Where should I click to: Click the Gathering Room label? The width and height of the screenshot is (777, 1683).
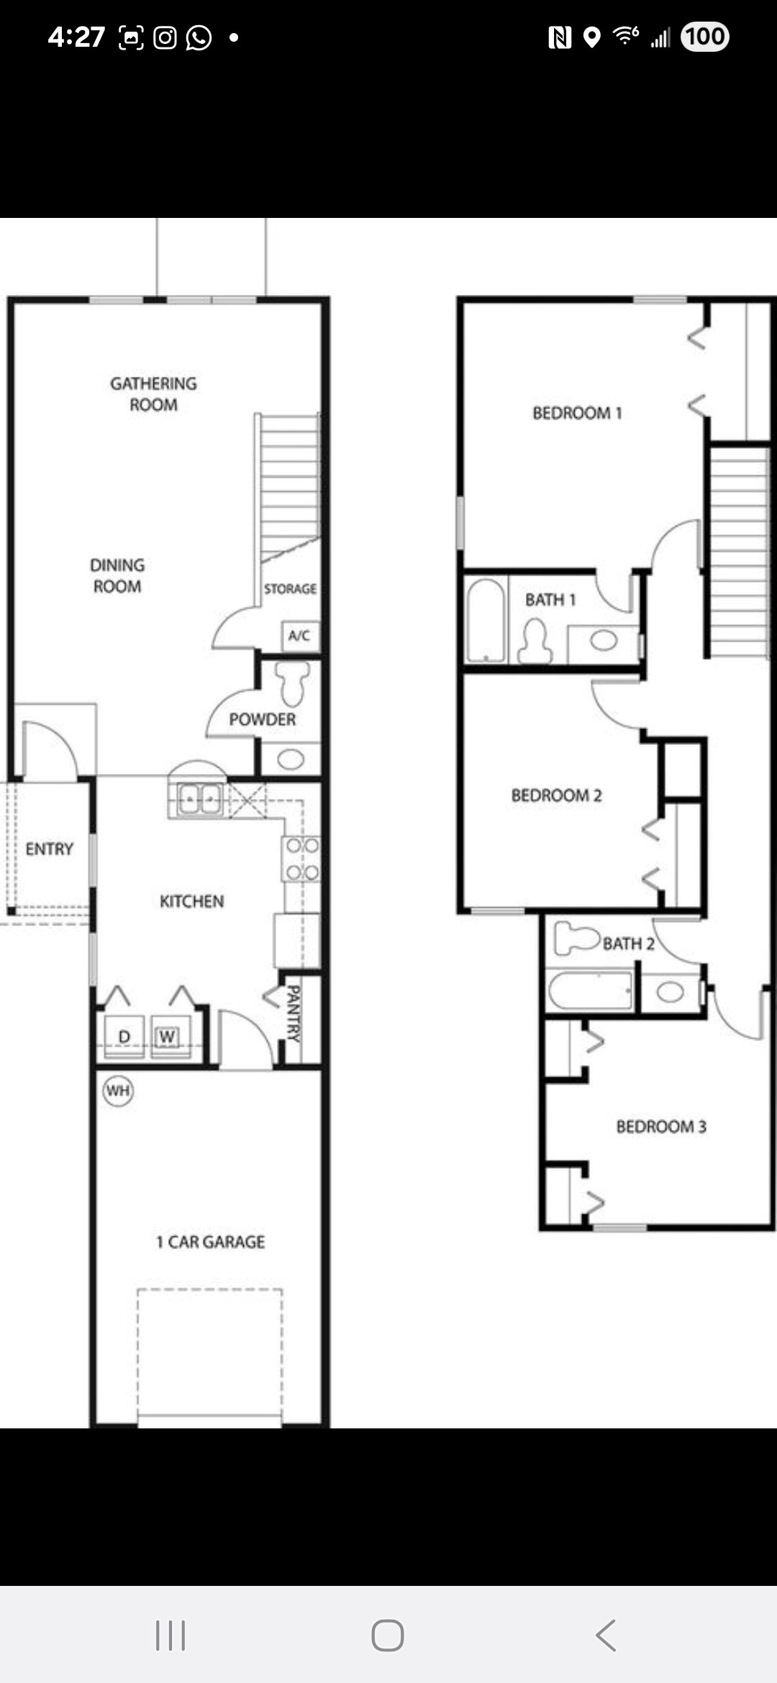tap(153, 394)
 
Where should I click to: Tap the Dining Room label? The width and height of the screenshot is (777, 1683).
tap(117, 575)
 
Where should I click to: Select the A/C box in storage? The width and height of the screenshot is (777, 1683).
tap(299, 636)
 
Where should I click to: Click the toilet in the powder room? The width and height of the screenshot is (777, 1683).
tap(293, 683)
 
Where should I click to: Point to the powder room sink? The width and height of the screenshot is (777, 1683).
tap(291, 760)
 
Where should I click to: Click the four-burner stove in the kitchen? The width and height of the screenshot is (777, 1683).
tap(301, 859)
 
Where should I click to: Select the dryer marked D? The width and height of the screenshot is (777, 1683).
tap(124, 1036)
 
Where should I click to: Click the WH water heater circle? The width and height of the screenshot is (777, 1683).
tap(118, 1091)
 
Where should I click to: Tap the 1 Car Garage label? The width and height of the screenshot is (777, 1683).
tap(211, 1242)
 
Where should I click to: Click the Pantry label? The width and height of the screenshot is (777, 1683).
tap(294, 1014)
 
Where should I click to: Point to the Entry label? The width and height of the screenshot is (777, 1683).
tap(50, 849)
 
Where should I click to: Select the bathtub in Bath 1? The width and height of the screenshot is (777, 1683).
tap(486, 620)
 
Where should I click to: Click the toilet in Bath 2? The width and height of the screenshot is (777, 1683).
tap(577, 938)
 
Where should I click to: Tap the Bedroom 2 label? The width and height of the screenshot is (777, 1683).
tap(557, 795)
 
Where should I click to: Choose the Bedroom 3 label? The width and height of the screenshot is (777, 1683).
tap(661, 1126)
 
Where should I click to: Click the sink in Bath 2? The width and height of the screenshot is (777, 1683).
tap(670, 993)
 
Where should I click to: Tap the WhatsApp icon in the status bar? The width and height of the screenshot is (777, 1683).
tap(199, 37)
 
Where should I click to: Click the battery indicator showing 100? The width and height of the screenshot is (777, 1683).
tap(705, 37)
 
